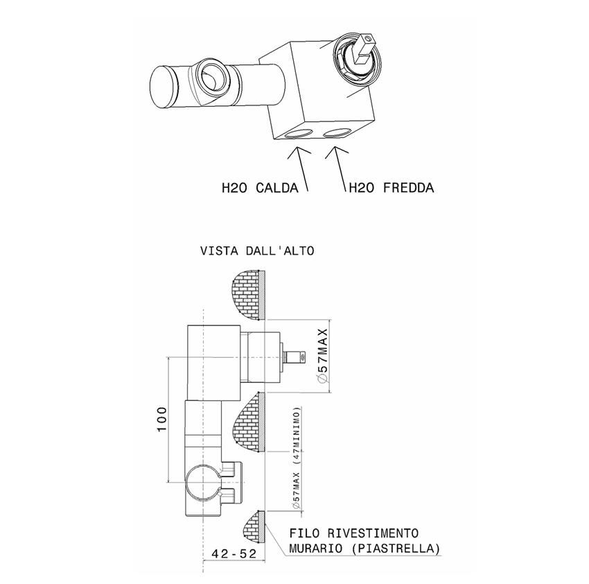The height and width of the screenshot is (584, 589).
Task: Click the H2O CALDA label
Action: point(260,187)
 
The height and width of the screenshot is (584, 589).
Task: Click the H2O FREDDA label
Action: point(391,187)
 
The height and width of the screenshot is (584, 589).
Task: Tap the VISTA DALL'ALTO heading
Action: point(257,250)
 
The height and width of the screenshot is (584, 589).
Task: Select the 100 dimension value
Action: point(160,420)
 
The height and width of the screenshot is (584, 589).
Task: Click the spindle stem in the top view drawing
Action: point(296,357)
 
